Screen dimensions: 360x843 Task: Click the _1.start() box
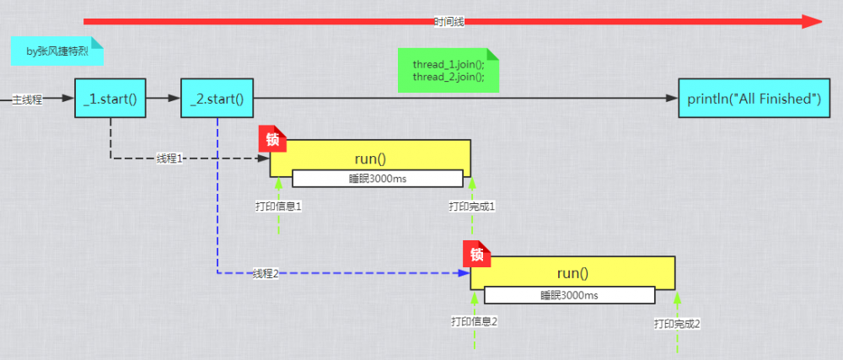tap(110, 99)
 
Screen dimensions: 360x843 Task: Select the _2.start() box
tap(217, 99)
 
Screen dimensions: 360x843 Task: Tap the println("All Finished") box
tap(754, 99)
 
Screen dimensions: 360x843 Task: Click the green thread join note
tap(448, 71)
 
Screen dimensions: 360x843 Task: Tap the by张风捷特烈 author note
tap(57, 51)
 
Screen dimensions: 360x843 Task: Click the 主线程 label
tap(27, 99)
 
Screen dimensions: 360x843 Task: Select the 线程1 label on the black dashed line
tap(170, 158)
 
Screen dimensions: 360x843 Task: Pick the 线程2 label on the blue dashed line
tap(266, 273)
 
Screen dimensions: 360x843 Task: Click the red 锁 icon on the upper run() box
tap(273, 139)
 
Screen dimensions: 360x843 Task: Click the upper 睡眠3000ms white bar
tap(378, 178)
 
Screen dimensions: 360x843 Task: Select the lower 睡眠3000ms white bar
tap(569, 295)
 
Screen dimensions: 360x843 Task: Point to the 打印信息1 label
tap(278, 206)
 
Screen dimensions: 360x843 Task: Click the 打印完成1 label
tap(472, 206)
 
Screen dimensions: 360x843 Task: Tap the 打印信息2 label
tap(475, 321)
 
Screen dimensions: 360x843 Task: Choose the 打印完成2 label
tap(677, 323)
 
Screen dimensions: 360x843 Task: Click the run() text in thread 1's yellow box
tap(371, 158)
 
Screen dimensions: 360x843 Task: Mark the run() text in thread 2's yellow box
tap(572, 273)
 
